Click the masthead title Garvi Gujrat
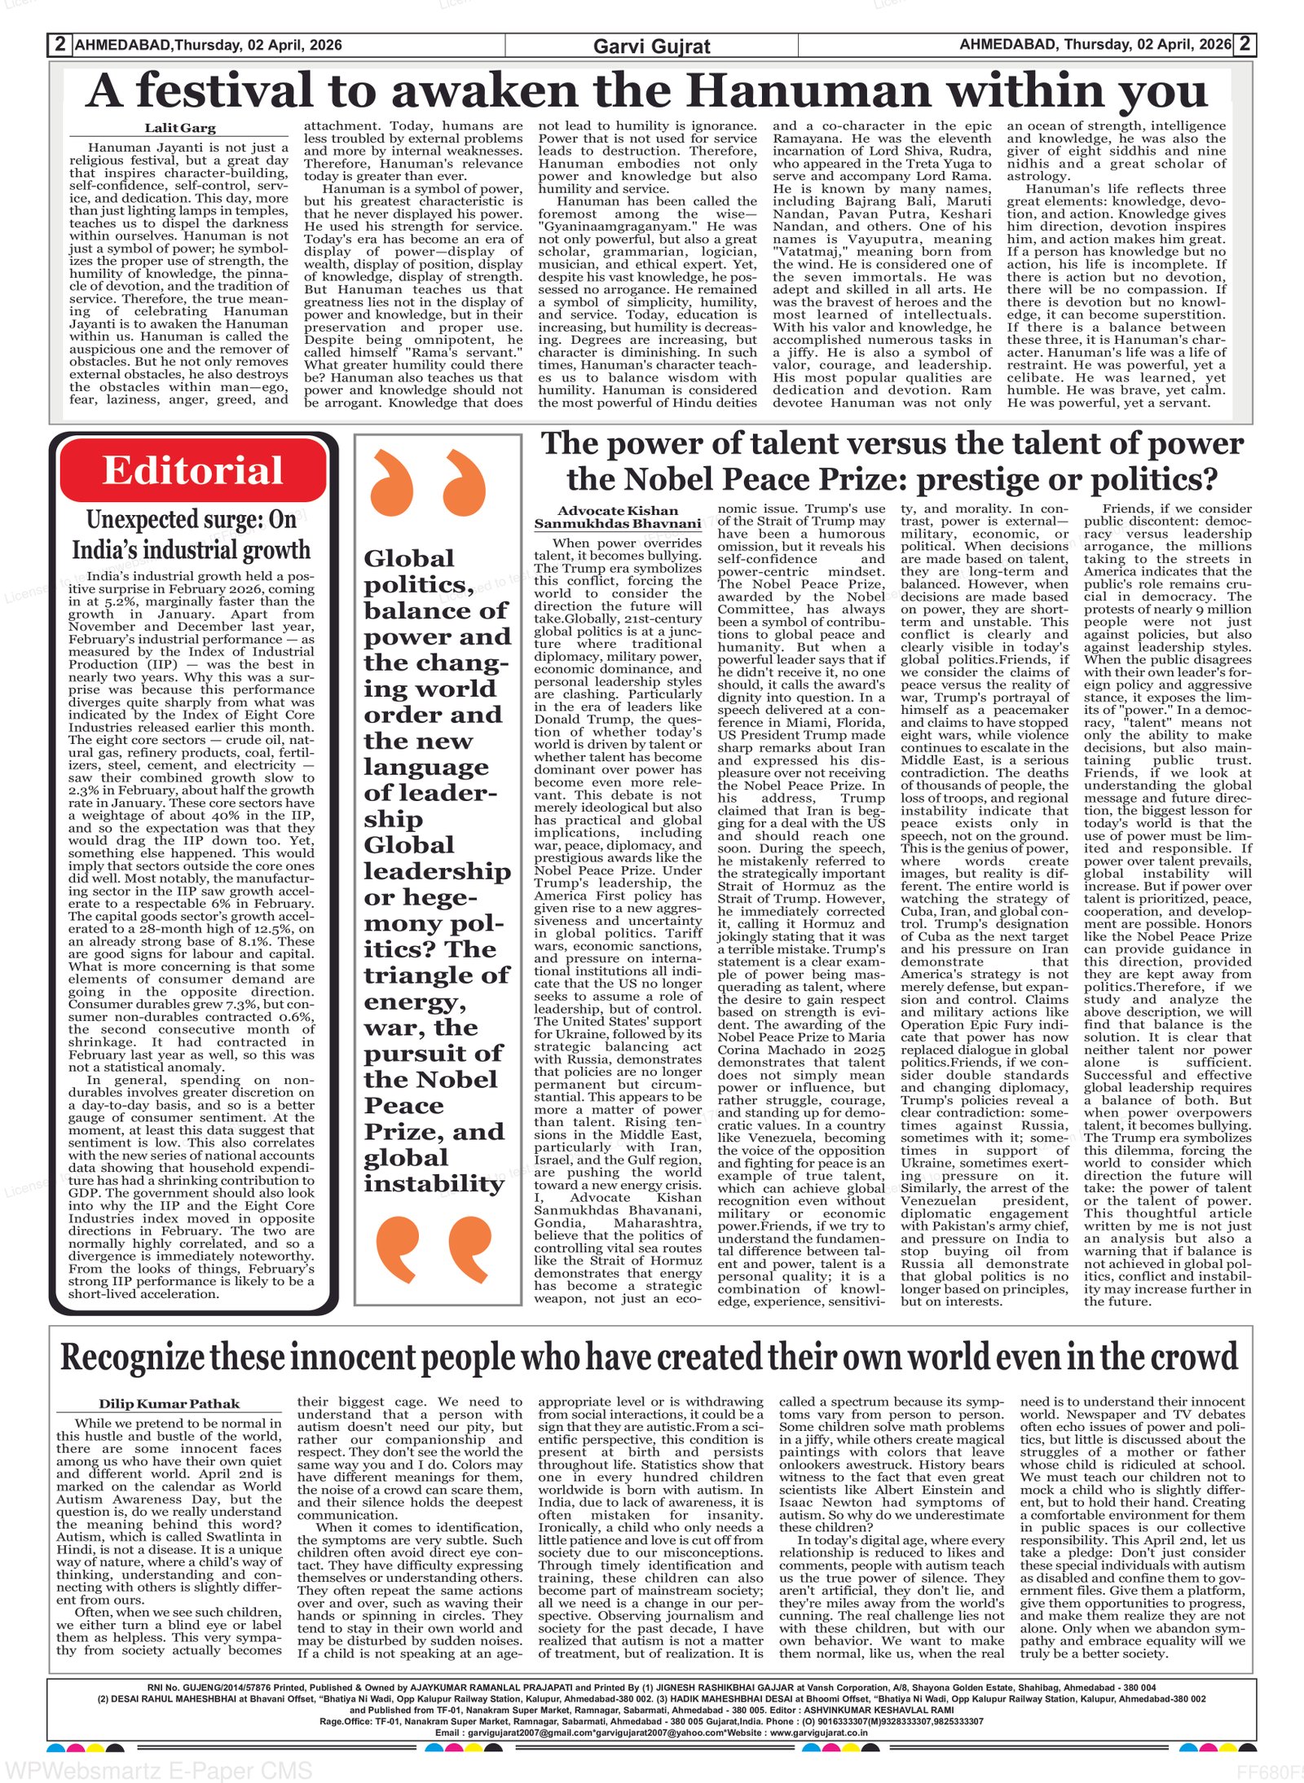tap(651, 46)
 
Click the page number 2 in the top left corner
tap(59, 44)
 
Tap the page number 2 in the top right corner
tap(1244, 44)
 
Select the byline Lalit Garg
tap(180, 128)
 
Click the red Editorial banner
tap(192, 471)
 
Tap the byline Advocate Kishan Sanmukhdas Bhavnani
tap(617, 517)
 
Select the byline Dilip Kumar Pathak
tap(170, 1403)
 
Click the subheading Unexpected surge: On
tap(192, 520)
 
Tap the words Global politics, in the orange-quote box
tap(417, 571)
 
